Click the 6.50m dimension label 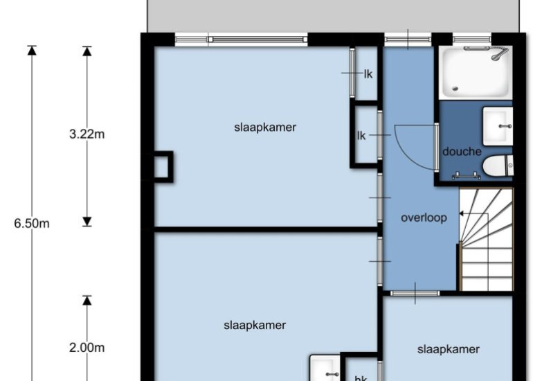32,224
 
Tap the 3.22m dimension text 87,134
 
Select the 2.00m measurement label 87,348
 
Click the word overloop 424,218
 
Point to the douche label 462,152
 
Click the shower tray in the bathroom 476,73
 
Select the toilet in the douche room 498,166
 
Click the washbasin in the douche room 498,126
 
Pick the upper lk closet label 368,74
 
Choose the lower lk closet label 361,136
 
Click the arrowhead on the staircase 462,213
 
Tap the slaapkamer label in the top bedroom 265,127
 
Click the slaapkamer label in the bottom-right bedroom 449,349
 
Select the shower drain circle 455,89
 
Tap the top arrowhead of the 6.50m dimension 32,50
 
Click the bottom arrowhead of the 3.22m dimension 87,222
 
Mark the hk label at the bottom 361,378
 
